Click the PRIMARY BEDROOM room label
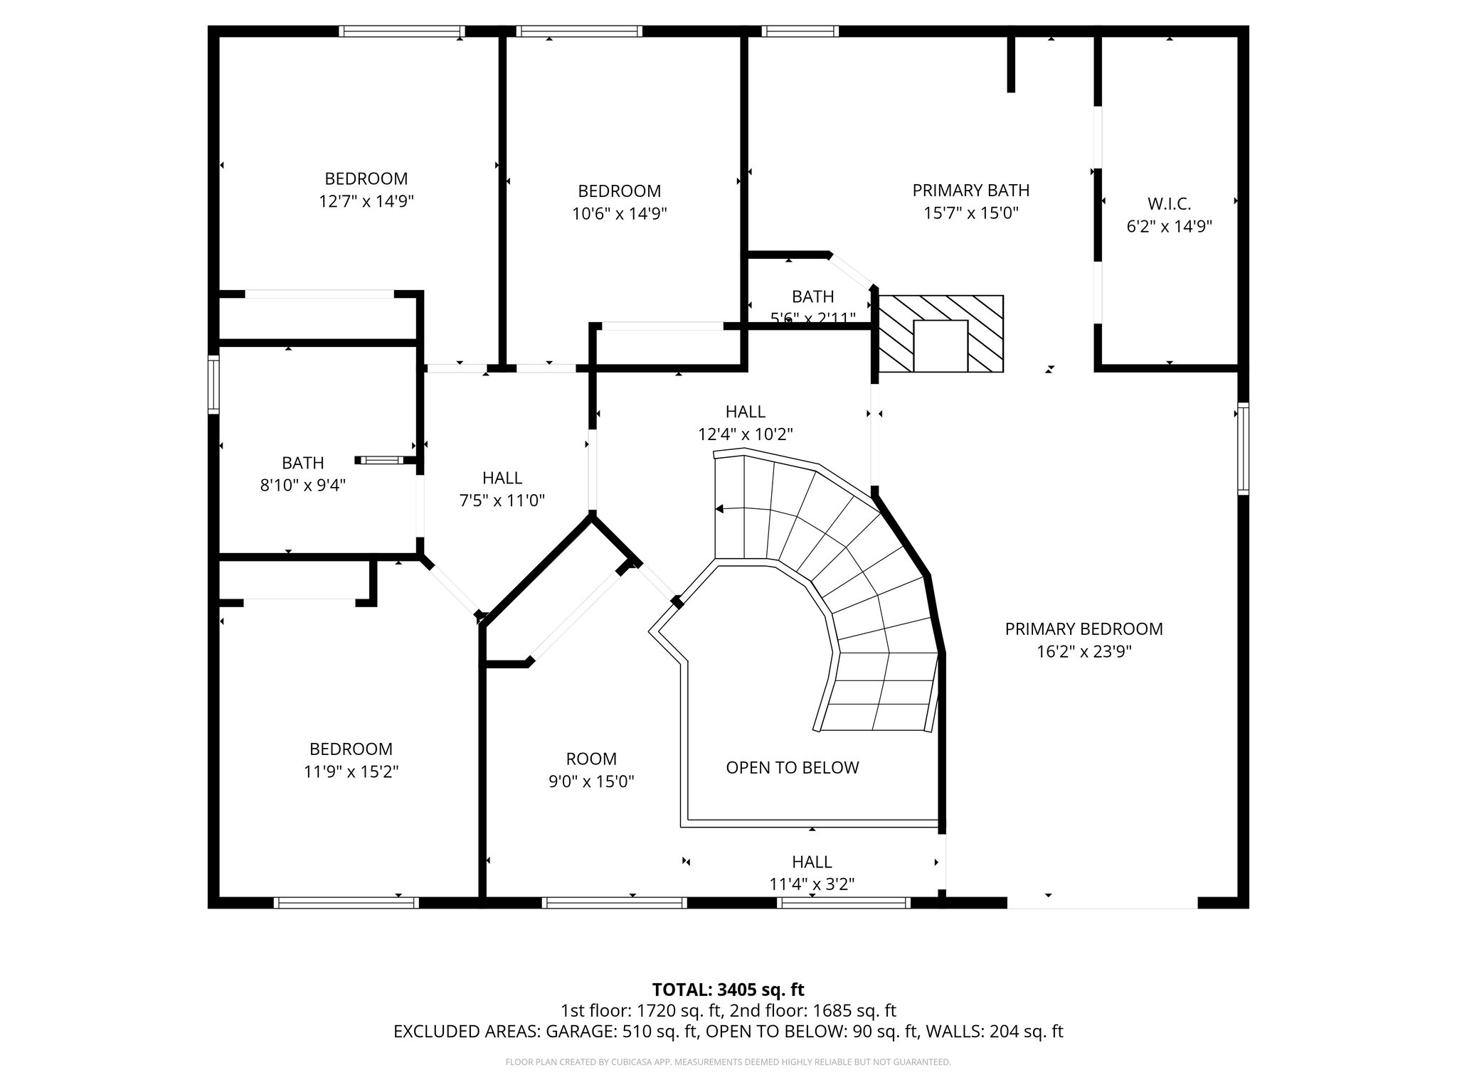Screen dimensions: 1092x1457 click(x=1084, y=629)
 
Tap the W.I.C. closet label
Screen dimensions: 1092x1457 click(x=1169, y=204)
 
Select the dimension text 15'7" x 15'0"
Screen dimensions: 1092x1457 click(x=971, y=213)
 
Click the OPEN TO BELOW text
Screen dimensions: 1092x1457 click(x=793, y=768)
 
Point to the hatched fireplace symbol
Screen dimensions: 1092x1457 click(x=941, y=333)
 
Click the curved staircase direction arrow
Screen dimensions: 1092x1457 click(x=720, y=509)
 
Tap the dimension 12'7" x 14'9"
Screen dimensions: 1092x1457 click(x=366, y=202)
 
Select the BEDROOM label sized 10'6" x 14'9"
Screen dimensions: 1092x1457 click(x=619, y=191)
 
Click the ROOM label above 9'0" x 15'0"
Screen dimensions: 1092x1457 click(x=591, y=759)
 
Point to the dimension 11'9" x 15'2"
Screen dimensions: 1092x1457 click(x=351, y=772)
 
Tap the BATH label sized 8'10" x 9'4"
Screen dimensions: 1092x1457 click(x=303, y=464)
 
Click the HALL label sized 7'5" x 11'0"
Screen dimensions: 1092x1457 click(x=502, y=478)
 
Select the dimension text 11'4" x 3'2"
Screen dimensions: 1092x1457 click(x=812, y=884)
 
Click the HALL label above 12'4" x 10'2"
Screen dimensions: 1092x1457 click(x=746, y=412)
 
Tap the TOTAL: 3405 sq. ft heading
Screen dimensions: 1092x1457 click(x=728, y=990)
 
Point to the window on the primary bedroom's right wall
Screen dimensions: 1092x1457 click(x=1243, y=449)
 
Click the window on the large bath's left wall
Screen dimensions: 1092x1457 click(x=213, y=385)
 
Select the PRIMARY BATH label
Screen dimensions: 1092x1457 click(x=971, y=191)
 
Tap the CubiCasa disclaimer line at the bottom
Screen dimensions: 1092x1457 click(x=728, y=1062)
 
